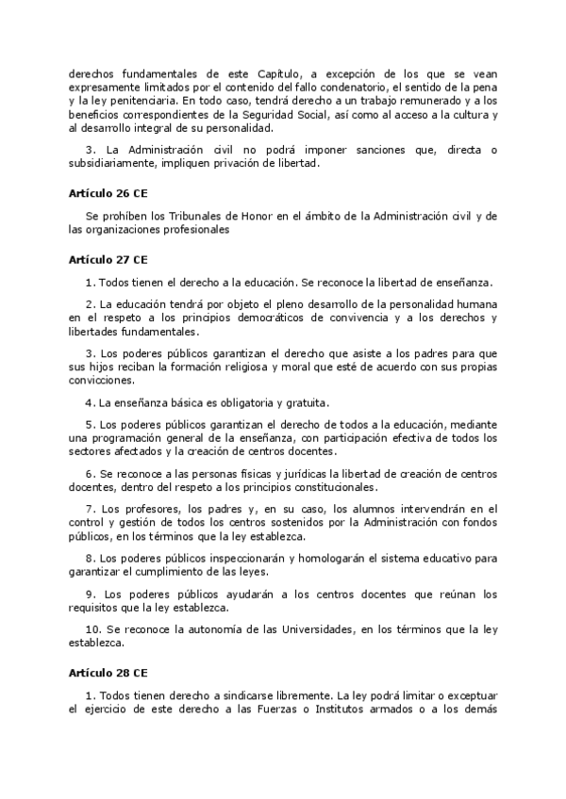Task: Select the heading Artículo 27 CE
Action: coord(108,258)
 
